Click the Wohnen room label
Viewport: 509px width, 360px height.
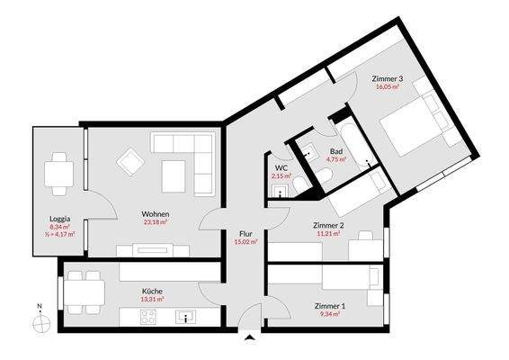click(x=156, y=214)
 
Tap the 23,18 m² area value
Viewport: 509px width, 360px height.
click(x=156, y=223)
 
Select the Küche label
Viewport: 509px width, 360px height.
click(x=152, y=292)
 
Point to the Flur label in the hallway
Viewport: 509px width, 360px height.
click(x=245, y=232)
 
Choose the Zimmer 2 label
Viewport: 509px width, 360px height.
click(x=328, y=226)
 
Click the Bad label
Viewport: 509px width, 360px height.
click(x=336, y=150)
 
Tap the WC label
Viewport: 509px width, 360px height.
click(x=281, y=167)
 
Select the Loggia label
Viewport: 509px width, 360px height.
click(x=60, y=219)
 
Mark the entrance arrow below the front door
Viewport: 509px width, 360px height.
click(x=249, y=337)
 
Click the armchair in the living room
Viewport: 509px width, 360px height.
click(x=132, y=162)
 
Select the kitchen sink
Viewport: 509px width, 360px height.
click(x=187, y=317)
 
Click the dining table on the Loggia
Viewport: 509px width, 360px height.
click(x=60, y=171)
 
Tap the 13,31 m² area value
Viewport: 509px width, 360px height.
click(x=152, y=301)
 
